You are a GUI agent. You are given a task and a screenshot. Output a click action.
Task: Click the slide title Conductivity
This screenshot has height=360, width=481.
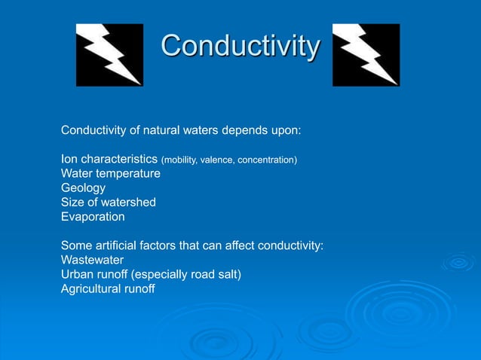[x=240, y=47]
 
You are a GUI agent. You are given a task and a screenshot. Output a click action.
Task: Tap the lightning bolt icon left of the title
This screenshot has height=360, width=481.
[x=109, y=54]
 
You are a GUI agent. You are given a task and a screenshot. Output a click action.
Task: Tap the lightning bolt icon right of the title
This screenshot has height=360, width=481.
[x=366, y=54]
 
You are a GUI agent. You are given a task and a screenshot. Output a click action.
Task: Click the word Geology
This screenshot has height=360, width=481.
[x=83, y=188]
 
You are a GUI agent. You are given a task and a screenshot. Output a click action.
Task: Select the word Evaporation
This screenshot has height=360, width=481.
[x=93, y=216]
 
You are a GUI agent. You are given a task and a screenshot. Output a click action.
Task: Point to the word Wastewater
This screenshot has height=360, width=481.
[x=93, y=260]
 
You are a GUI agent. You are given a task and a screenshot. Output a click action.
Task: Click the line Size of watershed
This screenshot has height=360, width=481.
[x=109, y=202]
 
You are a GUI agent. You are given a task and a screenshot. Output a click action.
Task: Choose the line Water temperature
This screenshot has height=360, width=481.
[x=111, y=173]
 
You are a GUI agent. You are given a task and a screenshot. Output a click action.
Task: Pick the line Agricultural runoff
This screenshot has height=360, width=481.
[x=108, y=288]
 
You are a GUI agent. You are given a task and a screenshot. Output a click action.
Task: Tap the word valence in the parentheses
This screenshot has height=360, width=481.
[x=219, y=160]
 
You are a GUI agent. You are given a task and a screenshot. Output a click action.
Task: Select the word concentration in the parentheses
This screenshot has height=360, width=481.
[x=268, y=160]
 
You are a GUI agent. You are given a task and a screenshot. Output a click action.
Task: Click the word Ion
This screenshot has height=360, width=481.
[x=69, y=159]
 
